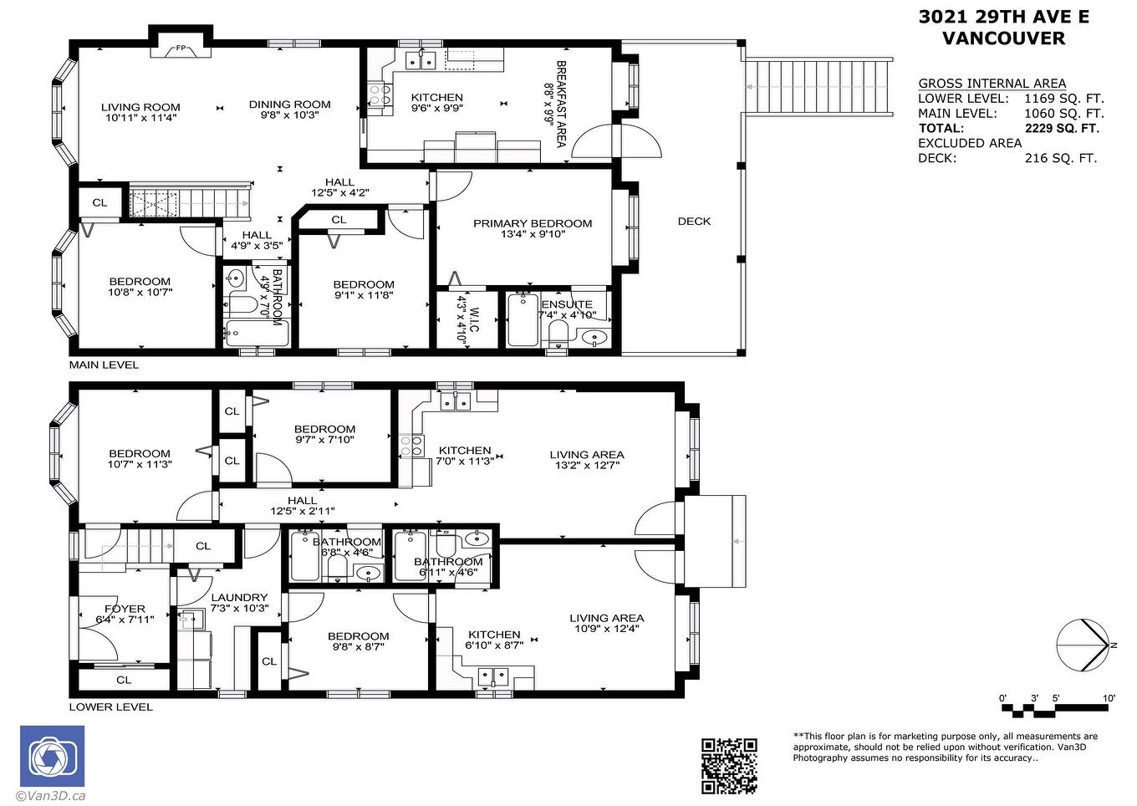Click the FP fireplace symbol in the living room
(x=180, y=48)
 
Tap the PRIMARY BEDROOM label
(x=532, y=223)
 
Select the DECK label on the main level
(x=694, y=222)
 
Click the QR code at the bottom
(x=728, y=766)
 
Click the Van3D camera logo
(x=52, y=756)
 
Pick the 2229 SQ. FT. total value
(x=1062, y=129)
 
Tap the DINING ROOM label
(x=289, y=105)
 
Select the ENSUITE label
(x=567, y=304)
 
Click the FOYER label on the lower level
(x=125, y=609)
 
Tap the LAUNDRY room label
(x=239, y=597)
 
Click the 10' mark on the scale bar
(x=1109, y=698)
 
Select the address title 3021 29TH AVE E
(x=1003, y=17)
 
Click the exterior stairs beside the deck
(x=819, y=86)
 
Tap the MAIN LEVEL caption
(x=104, y=365)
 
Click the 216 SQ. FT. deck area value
(x=1060, y=158)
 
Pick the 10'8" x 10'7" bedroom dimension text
(x=140, y=293)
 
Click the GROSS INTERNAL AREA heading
(x=992, y=83)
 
